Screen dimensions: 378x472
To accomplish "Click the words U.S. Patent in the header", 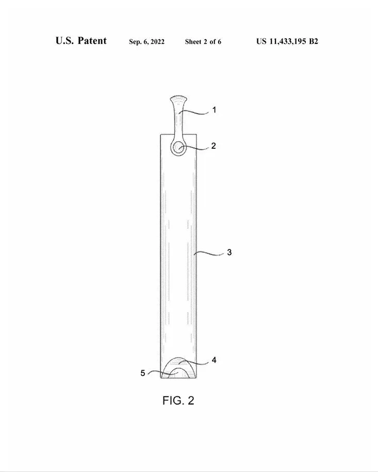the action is point(81,41).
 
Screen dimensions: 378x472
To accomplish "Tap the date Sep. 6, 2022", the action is point(147,42).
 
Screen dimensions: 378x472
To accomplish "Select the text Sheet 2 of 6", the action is point(203,42).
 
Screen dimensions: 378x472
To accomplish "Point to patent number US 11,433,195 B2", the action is point(287,41).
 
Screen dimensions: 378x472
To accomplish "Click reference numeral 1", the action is point(214,110).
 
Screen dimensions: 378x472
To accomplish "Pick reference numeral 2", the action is point(213,146).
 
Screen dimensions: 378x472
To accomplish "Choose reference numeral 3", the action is point(229,252).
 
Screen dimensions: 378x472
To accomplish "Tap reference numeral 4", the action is point(214,360).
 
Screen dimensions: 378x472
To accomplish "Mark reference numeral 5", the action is point(143,373).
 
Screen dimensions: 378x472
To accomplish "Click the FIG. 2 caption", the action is point(178,401).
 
